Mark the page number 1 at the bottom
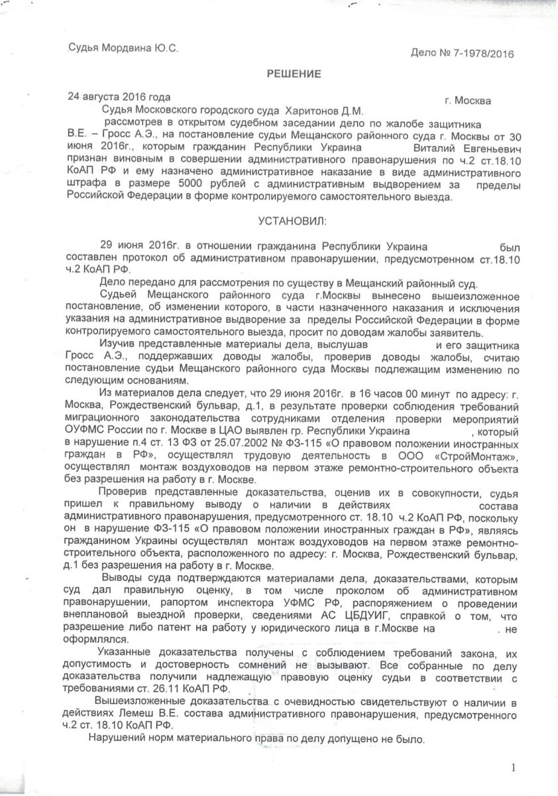(x=513, y=767)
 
